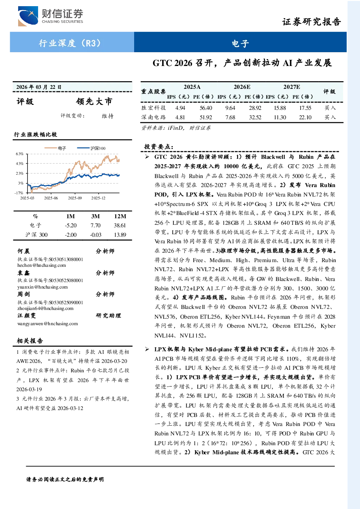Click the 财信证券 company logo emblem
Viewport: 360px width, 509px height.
[28, 16]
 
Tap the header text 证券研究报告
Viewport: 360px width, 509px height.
[311, 22]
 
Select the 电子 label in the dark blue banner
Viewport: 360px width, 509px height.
[240, 43]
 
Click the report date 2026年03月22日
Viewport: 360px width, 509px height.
[39, 87]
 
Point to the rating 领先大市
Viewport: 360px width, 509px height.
[94, 102]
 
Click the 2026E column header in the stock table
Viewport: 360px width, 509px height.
[242, 87]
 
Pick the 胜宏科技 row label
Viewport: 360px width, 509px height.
[153, 108]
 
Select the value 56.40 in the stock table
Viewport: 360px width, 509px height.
[206, 108]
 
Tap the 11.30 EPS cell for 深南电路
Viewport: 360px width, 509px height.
[280, 117]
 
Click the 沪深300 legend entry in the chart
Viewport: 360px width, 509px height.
[91, 148]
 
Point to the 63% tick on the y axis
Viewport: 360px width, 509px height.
[20, 154]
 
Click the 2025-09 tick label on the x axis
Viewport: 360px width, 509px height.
[75, 198]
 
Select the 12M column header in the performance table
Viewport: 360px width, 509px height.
[120, 216]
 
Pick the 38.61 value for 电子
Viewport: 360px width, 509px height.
[120, 225]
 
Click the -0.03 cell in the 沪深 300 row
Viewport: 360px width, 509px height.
[95, 235]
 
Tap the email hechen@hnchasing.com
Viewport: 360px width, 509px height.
[42, 265]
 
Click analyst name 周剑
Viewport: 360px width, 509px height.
[24, 294]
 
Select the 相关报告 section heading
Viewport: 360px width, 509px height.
[30, 341]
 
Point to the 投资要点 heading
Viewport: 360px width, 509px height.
[159, 147]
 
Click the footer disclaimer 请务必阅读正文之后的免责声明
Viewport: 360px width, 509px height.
[65, 480]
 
